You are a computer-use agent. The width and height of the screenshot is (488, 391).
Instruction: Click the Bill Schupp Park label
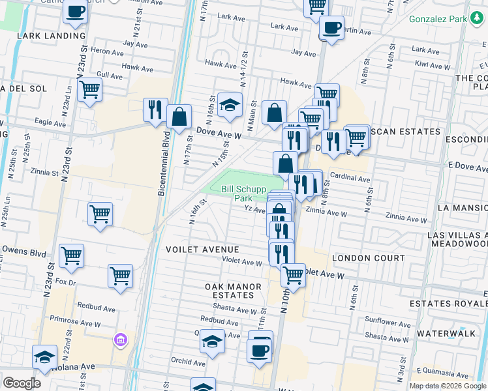(236, 194)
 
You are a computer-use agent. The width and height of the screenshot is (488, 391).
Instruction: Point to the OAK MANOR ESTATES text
(233, 291)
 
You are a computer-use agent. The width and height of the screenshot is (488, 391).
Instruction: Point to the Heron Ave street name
(108, 50)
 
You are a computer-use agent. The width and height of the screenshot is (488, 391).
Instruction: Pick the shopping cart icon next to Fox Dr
(120, 277)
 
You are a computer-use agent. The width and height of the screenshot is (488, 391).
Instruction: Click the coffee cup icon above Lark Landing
(76, 11)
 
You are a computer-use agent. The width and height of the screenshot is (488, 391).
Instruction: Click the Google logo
(22, 383)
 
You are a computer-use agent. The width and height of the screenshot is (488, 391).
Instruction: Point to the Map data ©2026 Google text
(447, 386)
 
